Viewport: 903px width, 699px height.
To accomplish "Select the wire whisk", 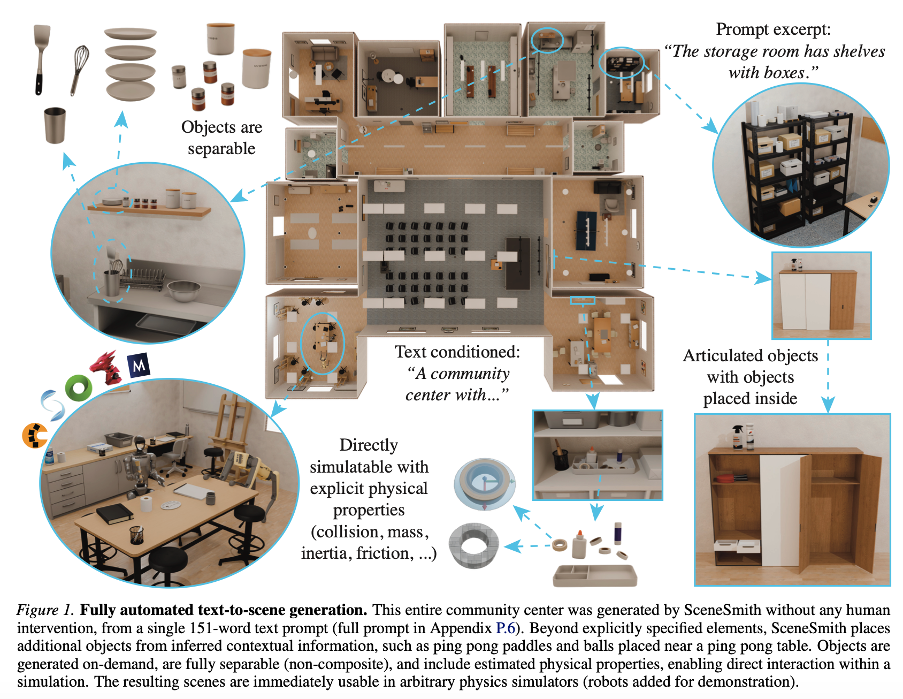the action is (x=79, y=69).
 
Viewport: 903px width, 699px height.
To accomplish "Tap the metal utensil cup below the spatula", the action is (x=55, y=125).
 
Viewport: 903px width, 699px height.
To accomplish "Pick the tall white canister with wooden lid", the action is (x=220, y=39).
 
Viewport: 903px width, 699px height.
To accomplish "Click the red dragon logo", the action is (x=106, y=367).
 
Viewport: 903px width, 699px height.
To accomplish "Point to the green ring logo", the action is (x=79, y=388).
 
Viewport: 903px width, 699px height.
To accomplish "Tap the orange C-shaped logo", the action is (x=34, y=435).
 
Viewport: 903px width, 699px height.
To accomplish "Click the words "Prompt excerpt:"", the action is (x=773, y=29).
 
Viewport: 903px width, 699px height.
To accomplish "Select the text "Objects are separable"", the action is (x=221, y=138).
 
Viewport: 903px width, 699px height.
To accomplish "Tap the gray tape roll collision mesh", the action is (x=474, y=545).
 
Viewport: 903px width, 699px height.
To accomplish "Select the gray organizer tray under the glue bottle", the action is (x=595, y=575).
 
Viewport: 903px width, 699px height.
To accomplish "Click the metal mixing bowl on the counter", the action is (x=183, y=291).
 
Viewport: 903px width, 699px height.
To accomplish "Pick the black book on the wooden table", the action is (x=114, y=514).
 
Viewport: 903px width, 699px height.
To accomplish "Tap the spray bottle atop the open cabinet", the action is (x=737, y=437).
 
